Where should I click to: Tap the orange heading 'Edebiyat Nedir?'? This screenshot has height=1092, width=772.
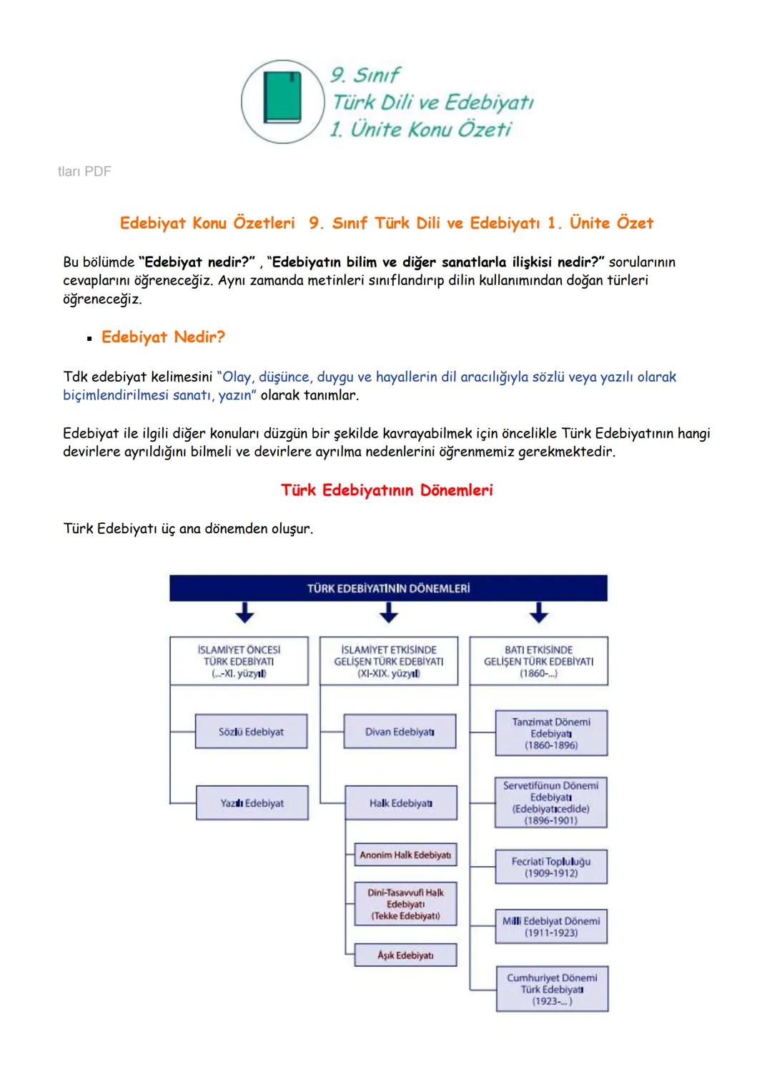162,337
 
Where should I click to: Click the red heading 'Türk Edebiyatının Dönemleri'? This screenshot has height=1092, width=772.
386,490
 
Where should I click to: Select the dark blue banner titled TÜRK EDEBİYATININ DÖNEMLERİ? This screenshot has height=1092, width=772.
388,588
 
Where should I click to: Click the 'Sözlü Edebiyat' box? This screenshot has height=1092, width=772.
251,732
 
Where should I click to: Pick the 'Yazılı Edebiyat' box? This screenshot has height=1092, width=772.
251,803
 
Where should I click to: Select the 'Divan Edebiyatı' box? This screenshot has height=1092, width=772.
400,732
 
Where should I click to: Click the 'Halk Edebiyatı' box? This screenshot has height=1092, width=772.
400,803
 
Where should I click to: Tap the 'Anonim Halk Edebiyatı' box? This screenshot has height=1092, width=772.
405,855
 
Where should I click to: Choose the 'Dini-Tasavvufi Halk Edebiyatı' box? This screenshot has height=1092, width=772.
405,904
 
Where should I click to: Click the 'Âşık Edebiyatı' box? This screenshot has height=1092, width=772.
405,955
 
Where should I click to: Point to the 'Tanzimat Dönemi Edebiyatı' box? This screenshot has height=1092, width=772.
550,733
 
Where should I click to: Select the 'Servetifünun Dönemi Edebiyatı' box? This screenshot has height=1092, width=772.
550,803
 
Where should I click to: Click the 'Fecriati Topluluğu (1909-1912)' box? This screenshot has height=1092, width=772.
550,867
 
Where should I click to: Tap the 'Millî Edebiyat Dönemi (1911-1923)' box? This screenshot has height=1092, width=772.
550,927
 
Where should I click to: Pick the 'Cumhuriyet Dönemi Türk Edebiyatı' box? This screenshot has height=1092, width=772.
551,989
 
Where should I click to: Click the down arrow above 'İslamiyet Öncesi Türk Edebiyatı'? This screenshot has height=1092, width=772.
245,612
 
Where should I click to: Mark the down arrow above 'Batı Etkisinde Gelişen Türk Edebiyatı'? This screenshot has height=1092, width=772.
538,612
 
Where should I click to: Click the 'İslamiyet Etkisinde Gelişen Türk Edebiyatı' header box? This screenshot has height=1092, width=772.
388,661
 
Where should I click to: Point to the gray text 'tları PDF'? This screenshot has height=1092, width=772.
84,172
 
